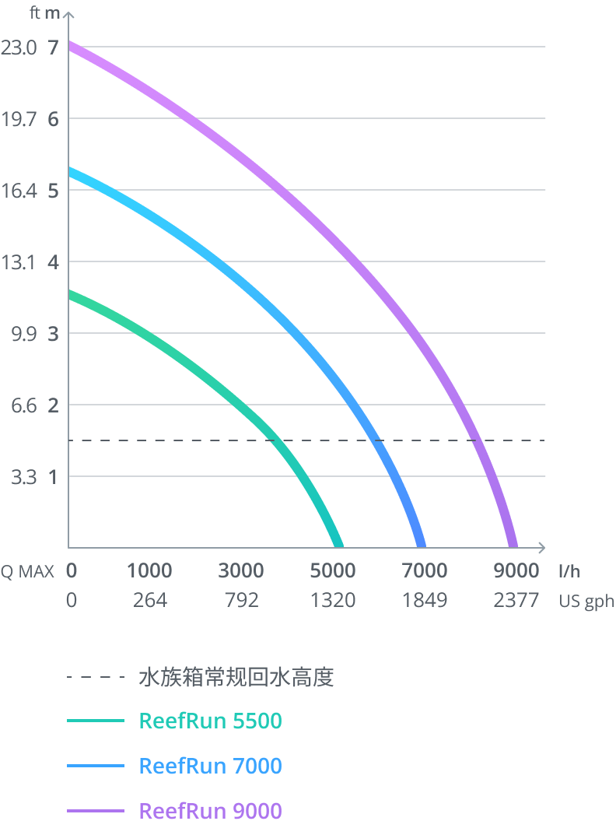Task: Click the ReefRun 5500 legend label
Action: [x=210, y=721]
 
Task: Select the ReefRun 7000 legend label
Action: [x=210, y=767]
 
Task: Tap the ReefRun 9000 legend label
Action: [x=210, y=811]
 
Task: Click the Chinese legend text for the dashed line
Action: [x=236, y=678]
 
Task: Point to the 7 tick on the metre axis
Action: [x=53, y=47]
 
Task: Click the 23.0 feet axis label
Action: [x=19, y=47]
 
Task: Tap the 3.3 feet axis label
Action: [x=23, y=476]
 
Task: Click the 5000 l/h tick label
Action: [x=333, y=571]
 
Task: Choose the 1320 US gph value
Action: [x=333, y=601]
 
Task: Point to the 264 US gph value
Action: [x=150, y=601]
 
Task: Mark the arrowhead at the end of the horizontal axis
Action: [x=541, y=547]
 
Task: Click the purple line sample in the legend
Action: [x=96, y=811]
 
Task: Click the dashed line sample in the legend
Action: [x=96, y=678]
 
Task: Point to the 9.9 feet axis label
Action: [x=20, y=334]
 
